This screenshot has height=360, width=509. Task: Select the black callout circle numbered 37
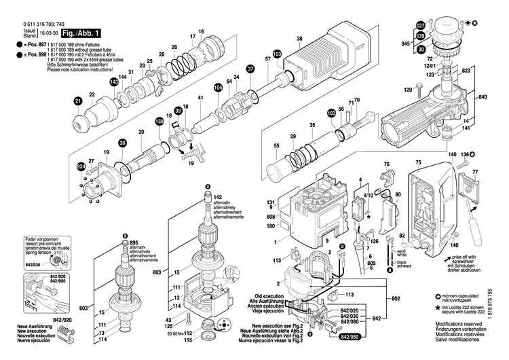[250, 69]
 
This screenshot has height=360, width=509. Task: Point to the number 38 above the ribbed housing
[299, 39]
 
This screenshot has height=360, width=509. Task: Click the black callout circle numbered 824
[81, 166]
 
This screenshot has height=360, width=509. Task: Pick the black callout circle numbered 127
[420, 26]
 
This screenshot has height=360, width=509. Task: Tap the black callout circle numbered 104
[218, 88]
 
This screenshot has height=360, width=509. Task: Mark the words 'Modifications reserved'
[461, 327]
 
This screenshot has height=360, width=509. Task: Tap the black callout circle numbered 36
[123, 143]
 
